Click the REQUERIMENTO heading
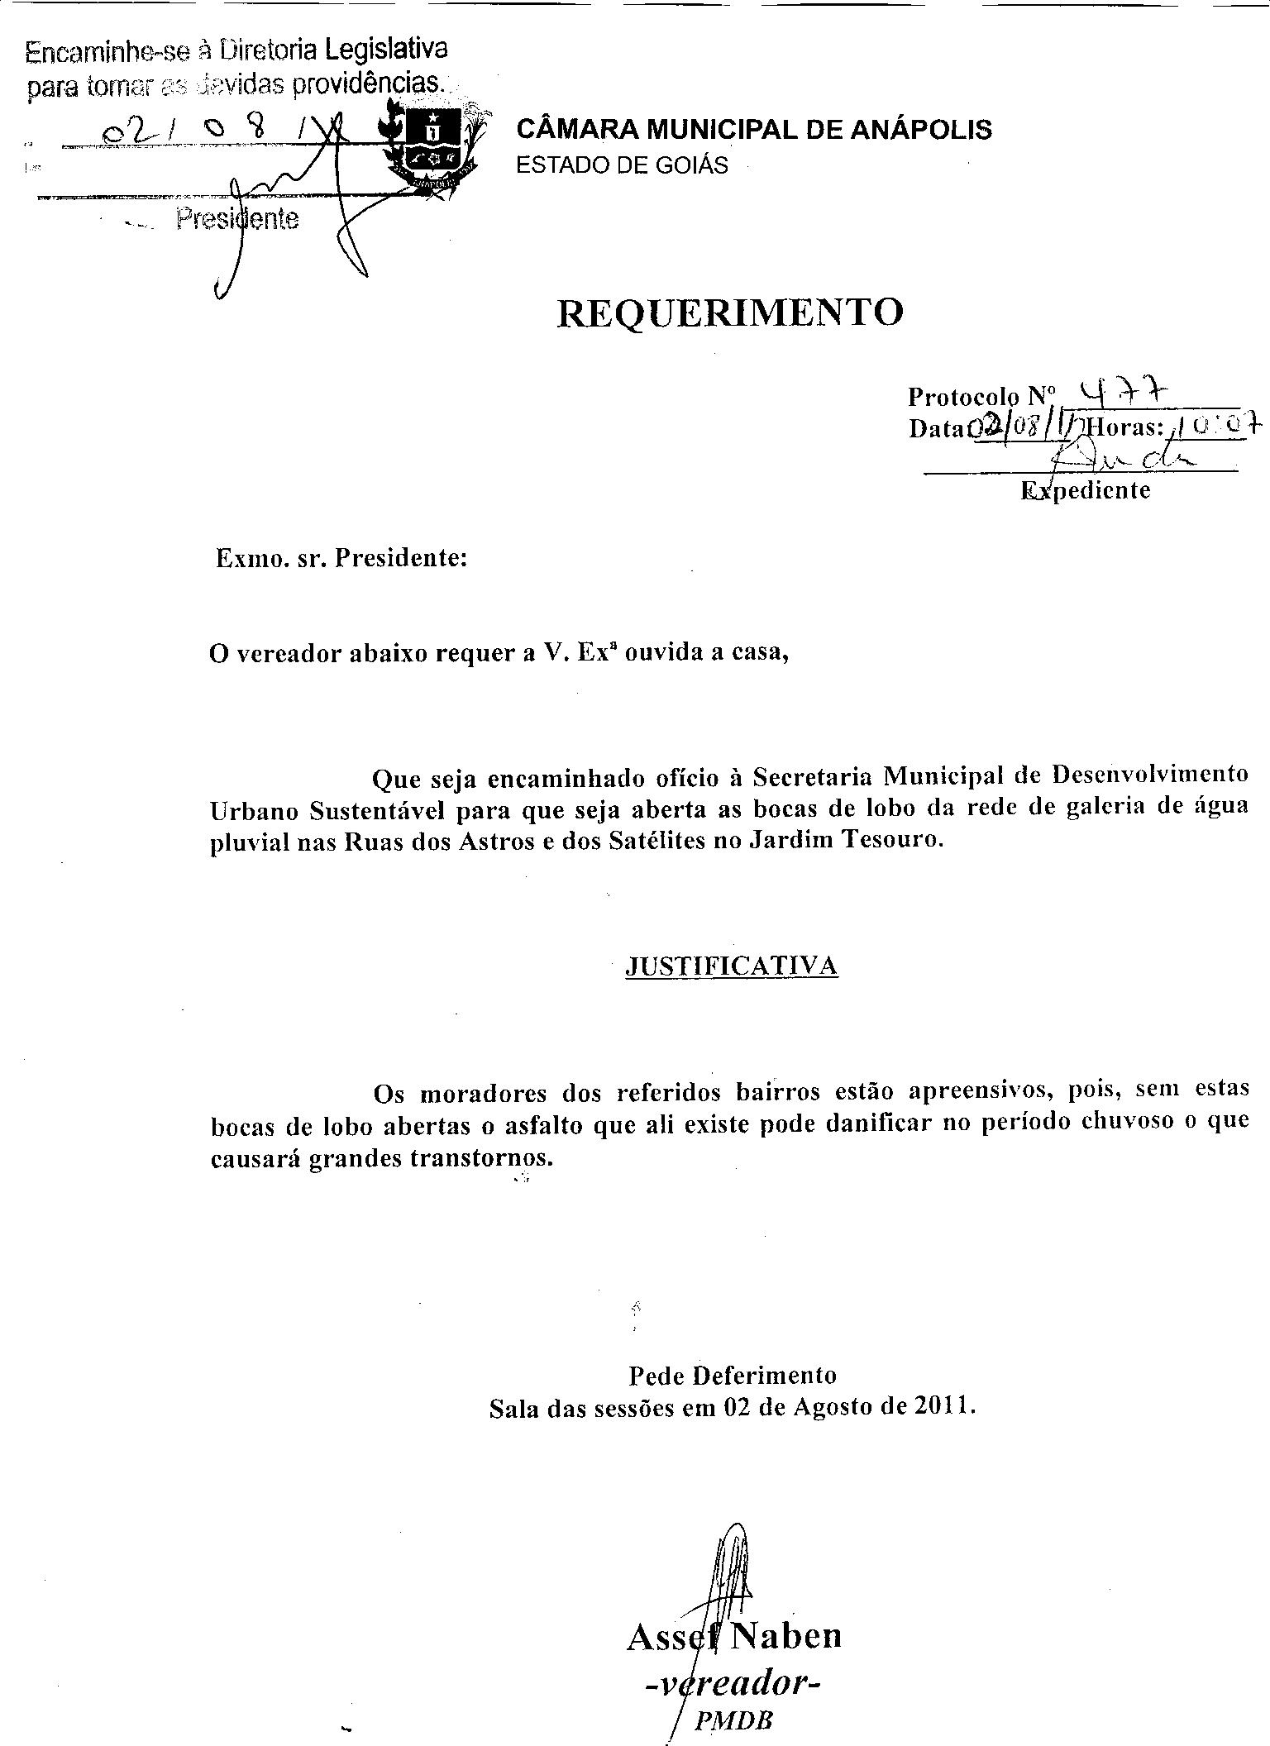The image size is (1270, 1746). pyautogui.click(x=730, y=312)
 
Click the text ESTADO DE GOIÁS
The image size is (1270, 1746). pyautogui.click(x=622, y=165)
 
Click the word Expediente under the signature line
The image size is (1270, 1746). pyautogui.click(x=1086, y=490)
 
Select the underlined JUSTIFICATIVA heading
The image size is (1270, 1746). pyautogui.click(x=732, y=966)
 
